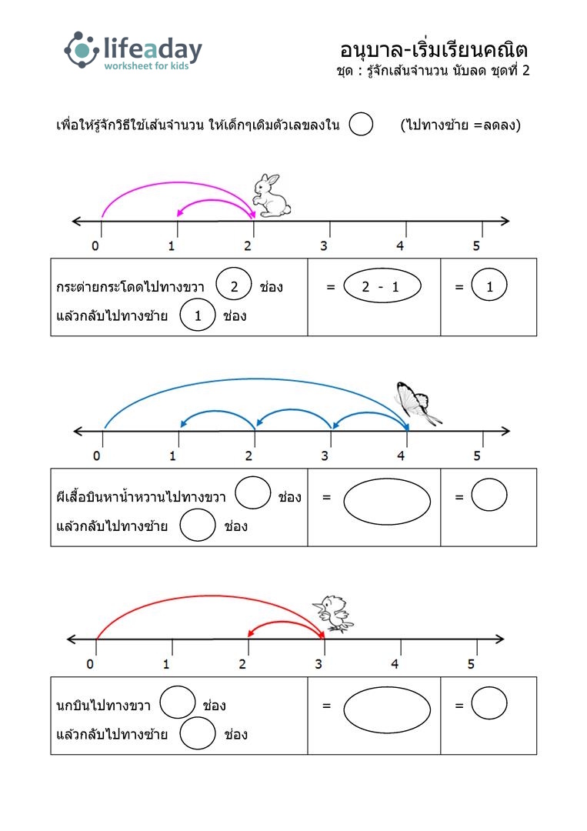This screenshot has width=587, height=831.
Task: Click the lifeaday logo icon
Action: pyautogui.click(x=82, y=50)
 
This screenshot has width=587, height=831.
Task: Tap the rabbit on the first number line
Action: pyautogui.click(x=272, y=195)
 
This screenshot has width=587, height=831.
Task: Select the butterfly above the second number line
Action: pyautogui.click(x=417, y=402)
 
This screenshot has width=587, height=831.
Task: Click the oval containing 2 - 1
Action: pyautogui.click(x=382, y=286)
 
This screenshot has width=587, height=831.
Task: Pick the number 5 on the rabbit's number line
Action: pyautogui.click(x=476, y=246)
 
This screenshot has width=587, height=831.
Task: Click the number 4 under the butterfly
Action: pyautogui.click(x=401, y=456)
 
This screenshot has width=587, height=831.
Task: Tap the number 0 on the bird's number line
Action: pyautogui.click(x=90, y=664)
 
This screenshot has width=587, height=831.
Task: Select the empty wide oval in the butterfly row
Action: pyautogui.click(x=387, y=502)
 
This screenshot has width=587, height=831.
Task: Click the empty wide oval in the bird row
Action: pyautogui.click(x=387, y=710)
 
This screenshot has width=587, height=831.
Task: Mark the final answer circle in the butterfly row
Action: pyautogui.click(x=489, y=495)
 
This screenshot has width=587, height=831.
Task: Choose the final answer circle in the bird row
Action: pyautogui.click(x=489, y=703)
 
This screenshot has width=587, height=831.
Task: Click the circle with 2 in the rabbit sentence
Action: pyautogui.click(x=234, y=286)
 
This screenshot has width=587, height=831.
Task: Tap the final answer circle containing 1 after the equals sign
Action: pyautogui.click(x=489, y=285)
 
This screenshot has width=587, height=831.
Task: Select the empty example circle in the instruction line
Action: pyautogui.click(x=361, y=124)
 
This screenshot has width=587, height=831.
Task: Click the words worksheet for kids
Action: pyautogui.click(x=146, y=65)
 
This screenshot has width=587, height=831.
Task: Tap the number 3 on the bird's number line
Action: pyautogui.click(x=319, y=664)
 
